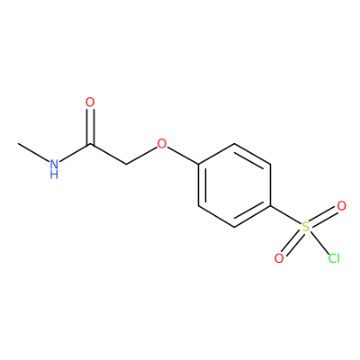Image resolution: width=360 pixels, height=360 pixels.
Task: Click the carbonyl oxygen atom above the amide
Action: point(90,103)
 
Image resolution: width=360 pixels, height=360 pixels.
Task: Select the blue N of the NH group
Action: point(54,164)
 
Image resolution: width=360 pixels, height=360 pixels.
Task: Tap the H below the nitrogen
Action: point(54,175)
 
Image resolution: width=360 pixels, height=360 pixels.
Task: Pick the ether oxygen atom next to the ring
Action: point(162,144)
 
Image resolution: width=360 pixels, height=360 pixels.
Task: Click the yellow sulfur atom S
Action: point(306,227)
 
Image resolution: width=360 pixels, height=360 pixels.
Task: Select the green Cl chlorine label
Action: point(334,258)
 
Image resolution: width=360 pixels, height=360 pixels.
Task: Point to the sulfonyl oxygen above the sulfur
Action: point(341,206)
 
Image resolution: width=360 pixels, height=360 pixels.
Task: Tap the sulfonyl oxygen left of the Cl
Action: point(279,258)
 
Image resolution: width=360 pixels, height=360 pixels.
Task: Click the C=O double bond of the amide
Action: point(90,127)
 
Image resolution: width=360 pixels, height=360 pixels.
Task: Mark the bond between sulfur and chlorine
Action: point(319,242)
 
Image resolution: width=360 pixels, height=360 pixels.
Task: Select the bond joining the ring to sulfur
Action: point(285,215)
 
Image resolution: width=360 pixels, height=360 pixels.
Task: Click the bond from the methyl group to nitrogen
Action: point(34,153)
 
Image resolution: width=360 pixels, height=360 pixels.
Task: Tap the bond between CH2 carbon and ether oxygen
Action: point(141,156)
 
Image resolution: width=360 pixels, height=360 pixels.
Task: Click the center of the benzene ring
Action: point(234,185)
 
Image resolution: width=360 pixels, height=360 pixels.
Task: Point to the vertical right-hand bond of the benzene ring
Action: point(270,185)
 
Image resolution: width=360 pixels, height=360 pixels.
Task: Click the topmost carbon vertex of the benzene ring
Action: point(234,144)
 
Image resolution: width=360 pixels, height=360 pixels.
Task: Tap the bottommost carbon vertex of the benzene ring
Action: point(234,227)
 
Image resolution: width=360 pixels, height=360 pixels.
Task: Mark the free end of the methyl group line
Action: point(18,143)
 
